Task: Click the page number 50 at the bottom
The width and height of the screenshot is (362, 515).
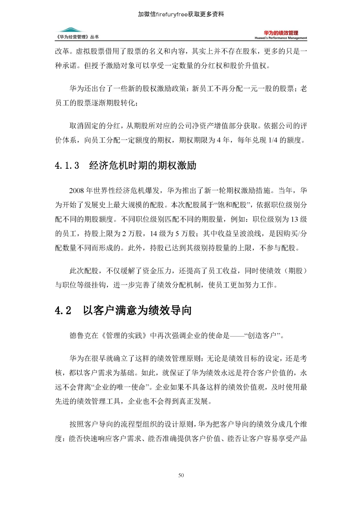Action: click(181, 475)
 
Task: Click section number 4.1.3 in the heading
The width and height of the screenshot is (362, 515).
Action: click(67, 165)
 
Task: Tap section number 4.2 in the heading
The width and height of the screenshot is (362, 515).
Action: click(63, 310)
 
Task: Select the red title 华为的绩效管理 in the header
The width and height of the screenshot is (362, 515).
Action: click(281, 33)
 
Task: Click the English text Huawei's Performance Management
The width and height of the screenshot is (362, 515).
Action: click(281, 38)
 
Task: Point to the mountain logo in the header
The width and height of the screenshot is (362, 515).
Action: click(70, 30)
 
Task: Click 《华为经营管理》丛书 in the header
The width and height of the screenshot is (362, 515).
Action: click(77, 37)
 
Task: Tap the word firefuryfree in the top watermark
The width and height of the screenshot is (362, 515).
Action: click(172, 14)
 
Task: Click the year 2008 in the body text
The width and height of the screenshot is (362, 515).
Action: click(76, 191)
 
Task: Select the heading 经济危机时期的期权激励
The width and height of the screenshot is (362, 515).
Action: click(143, 165)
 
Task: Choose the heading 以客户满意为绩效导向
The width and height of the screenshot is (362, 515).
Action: click(137, 310)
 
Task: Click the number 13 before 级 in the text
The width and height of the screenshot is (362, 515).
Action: click(294, 219)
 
